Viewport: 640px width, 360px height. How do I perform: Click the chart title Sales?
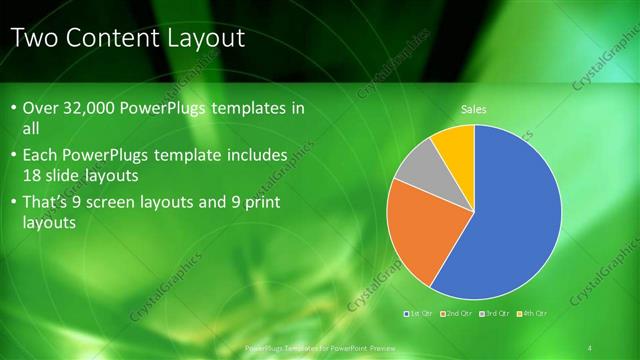tap(474, 109)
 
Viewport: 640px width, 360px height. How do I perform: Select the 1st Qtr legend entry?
tap(418, 313)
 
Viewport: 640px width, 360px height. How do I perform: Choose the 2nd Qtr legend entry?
tap(456, 313)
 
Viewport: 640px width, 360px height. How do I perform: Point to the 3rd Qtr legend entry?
tap(494, 313)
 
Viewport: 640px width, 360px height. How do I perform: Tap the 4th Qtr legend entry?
tap(531, 313)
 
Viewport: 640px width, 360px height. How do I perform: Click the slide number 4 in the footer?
tap(590, 347)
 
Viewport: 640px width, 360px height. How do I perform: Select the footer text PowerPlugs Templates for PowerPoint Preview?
tap(319, 347)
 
